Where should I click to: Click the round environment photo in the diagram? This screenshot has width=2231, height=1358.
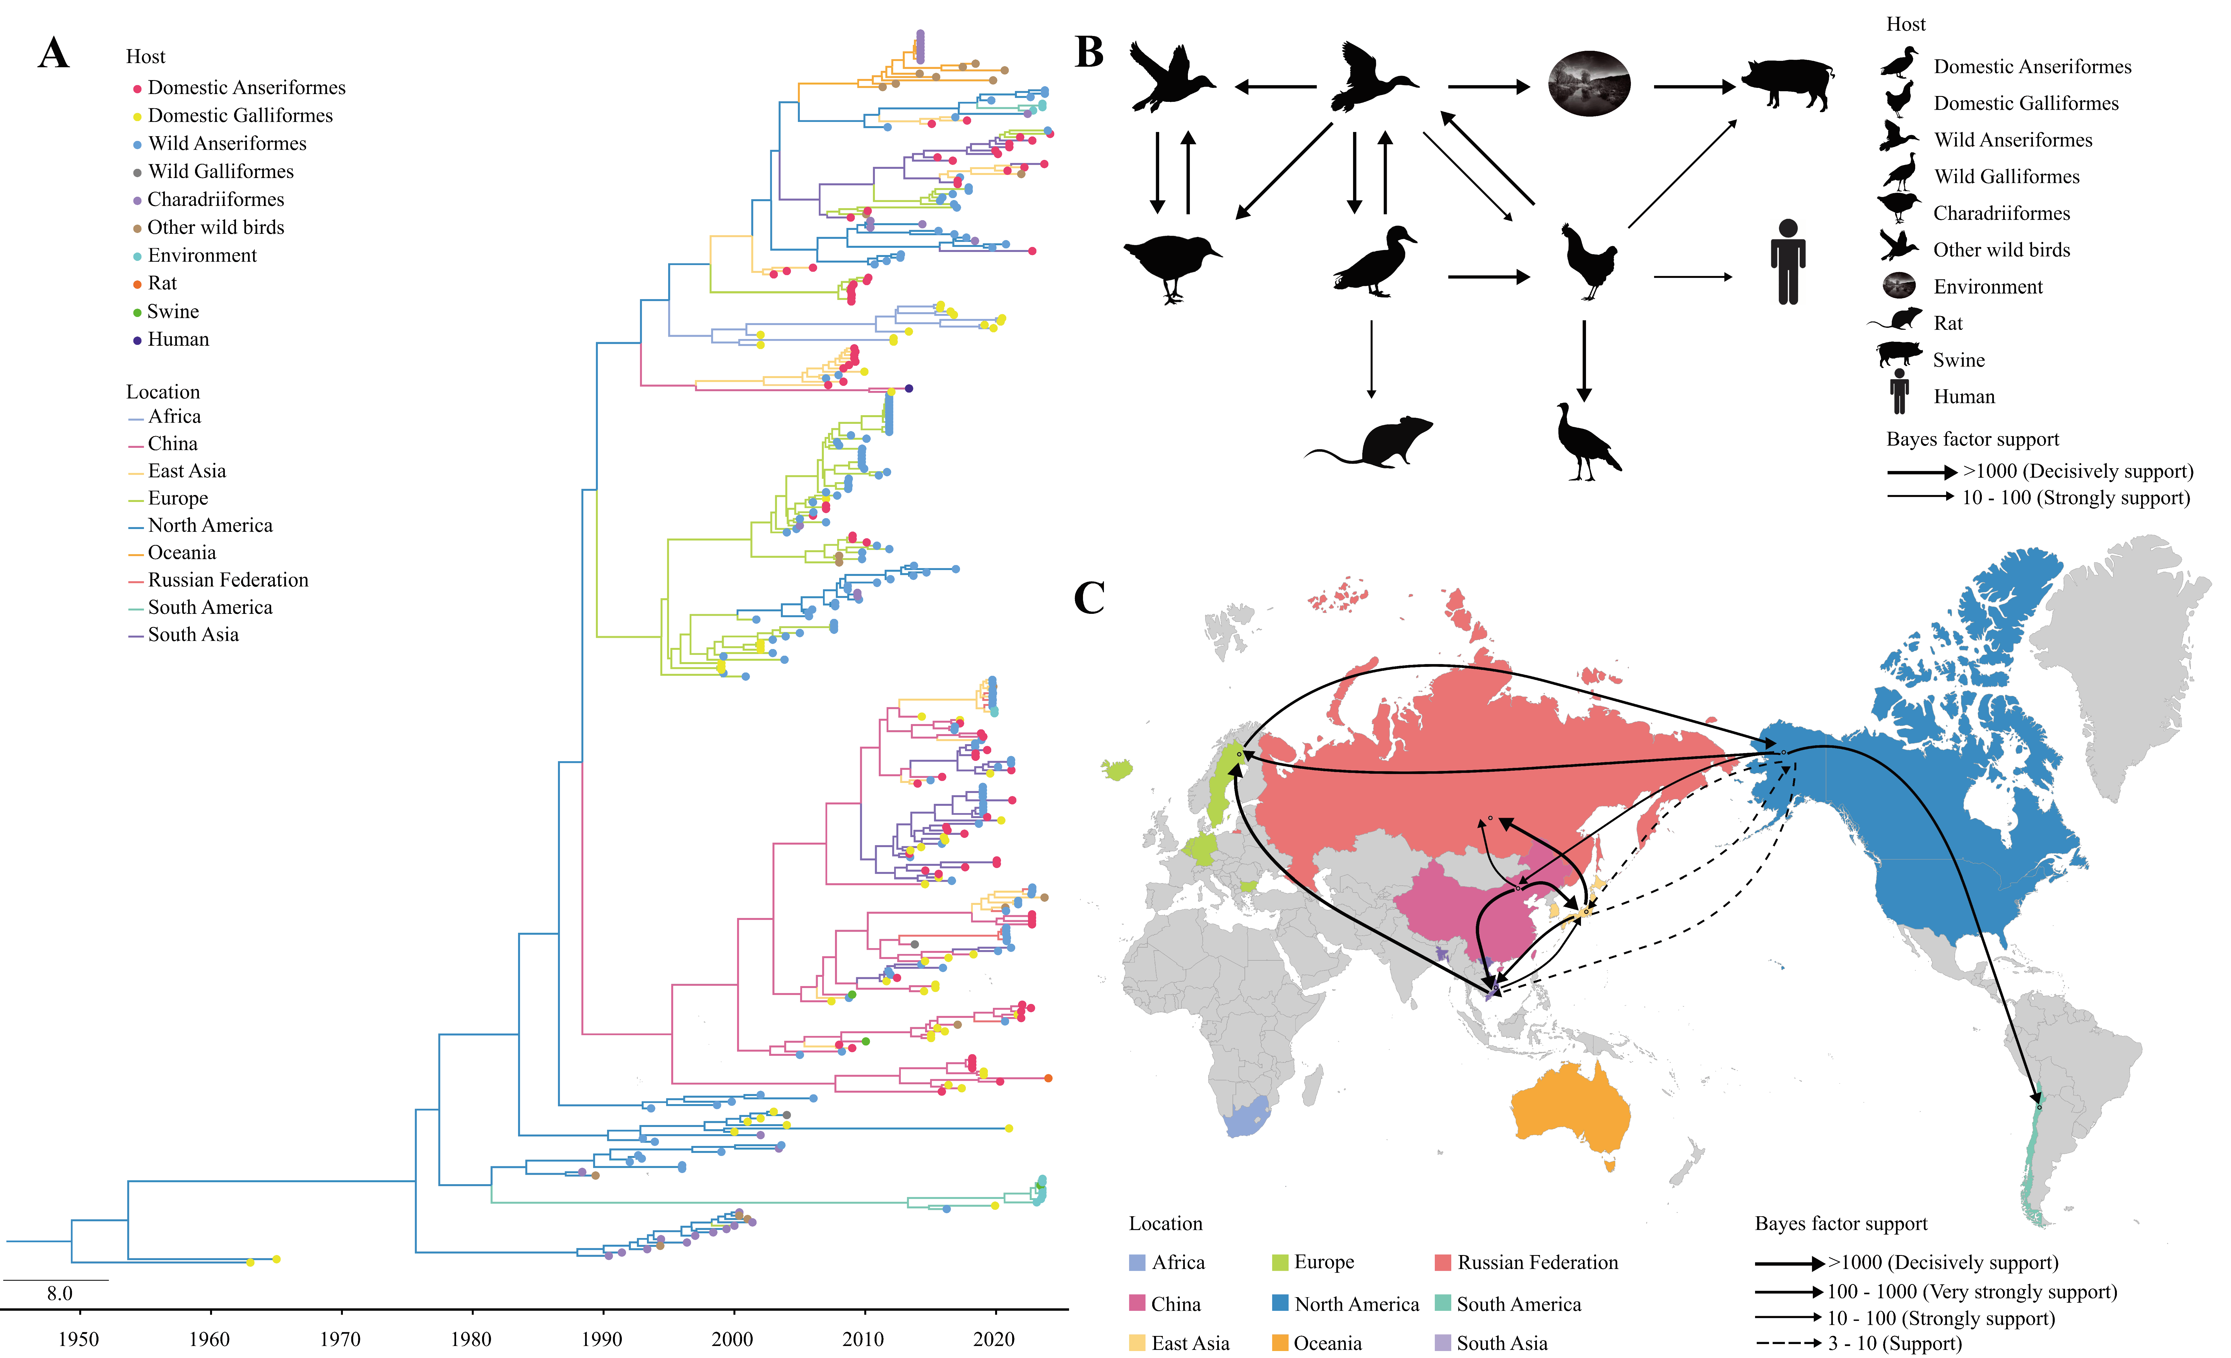point(1589,83)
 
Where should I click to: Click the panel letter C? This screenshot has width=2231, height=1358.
point(1089,597)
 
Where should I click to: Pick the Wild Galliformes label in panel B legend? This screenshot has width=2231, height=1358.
point(2006,177)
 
